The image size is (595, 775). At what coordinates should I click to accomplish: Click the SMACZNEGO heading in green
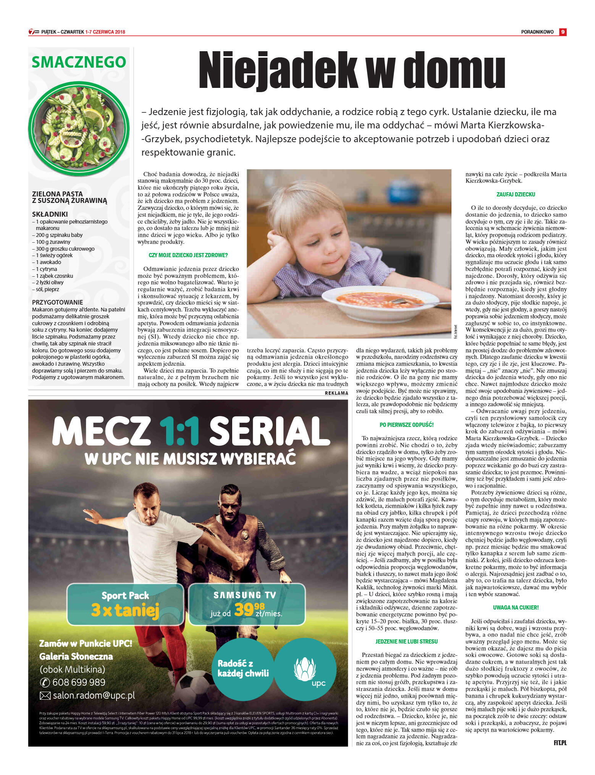pos(79,62)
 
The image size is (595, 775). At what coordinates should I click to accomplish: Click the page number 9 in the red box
pos(563,32)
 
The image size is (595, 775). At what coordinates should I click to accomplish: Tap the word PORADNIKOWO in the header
pos(537,32)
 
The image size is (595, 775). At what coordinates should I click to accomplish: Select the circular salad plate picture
pos(79,129)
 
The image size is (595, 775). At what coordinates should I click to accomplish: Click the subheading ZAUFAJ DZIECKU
pos(516,195)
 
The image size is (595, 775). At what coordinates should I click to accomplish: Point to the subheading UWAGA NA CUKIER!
pos(516,607)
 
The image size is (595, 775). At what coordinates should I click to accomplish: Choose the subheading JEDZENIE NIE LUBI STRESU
pos(406,641)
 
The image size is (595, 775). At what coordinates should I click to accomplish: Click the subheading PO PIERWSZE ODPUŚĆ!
pos(406,425)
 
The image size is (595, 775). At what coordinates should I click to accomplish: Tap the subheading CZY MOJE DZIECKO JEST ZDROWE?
pos(188,255)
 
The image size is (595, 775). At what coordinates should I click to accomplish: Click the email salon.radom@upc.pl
pos(94,696)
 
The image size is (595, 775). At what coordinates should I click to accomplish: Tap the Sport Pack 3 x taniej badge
pos(125,604)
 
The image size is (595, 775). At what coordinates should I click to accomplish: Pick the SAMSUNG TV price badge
pos(247,604)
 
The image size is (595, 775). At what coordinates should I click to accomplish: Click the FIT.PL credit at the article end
pos(560,743)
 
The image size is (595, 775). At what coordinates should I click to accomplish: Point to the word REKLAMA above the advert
pos(336,393)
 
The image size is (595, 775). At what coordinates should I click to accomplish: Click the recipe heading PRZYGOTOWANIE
pos(57,302)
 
